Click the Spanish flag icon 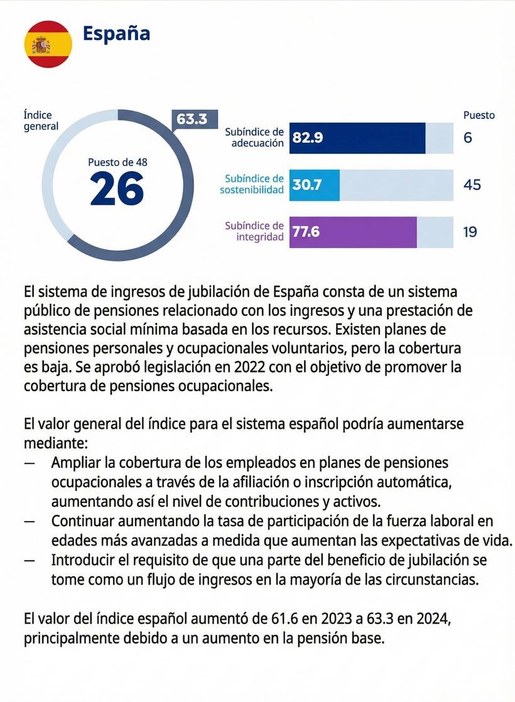(48, 44)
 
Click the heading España (116, 33)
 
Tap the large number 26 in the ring (117, 188)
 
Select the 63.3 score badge (192, 119)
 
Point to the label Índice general (41, 121)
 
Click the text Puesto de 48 (117, 162)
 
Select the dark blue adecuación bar (357, 138)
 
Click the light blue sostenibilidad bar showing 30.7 (314, 185)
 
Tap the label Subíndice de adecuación (254, 138)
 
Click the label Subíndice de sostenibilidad (252, 184)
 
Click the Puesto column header (479, 115)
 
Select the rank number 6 (468, 138)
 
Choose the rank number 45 (472, 185)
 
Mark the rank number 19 (470, 232)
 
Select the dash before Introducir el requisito (30, 560)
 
